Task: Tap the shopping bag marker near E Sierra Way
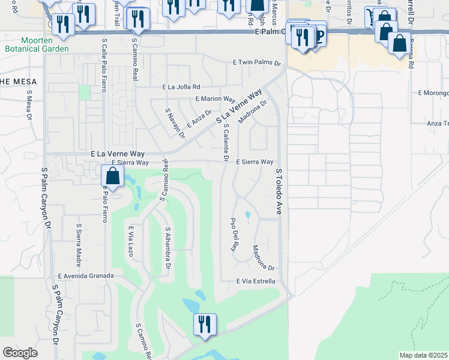(x=112, y=176)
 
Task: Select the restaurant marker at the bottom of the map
(x=205, y=325)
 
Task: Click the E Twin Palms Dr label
(x=257, y=62)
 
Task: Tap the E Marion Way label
(x=215, y=99)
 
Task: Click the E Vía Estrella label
(x=256, y=281)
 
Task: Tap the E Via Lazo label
(x=130, y=241)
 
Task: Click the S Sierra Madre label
(x=79, y=245)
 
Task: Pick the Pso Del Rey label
(x=234, y=234)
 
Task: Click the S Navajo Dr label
(x=175, y=124)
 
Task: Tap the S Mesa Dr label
(x=28, y=105)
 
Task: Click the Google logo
(x=20, y=353)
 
